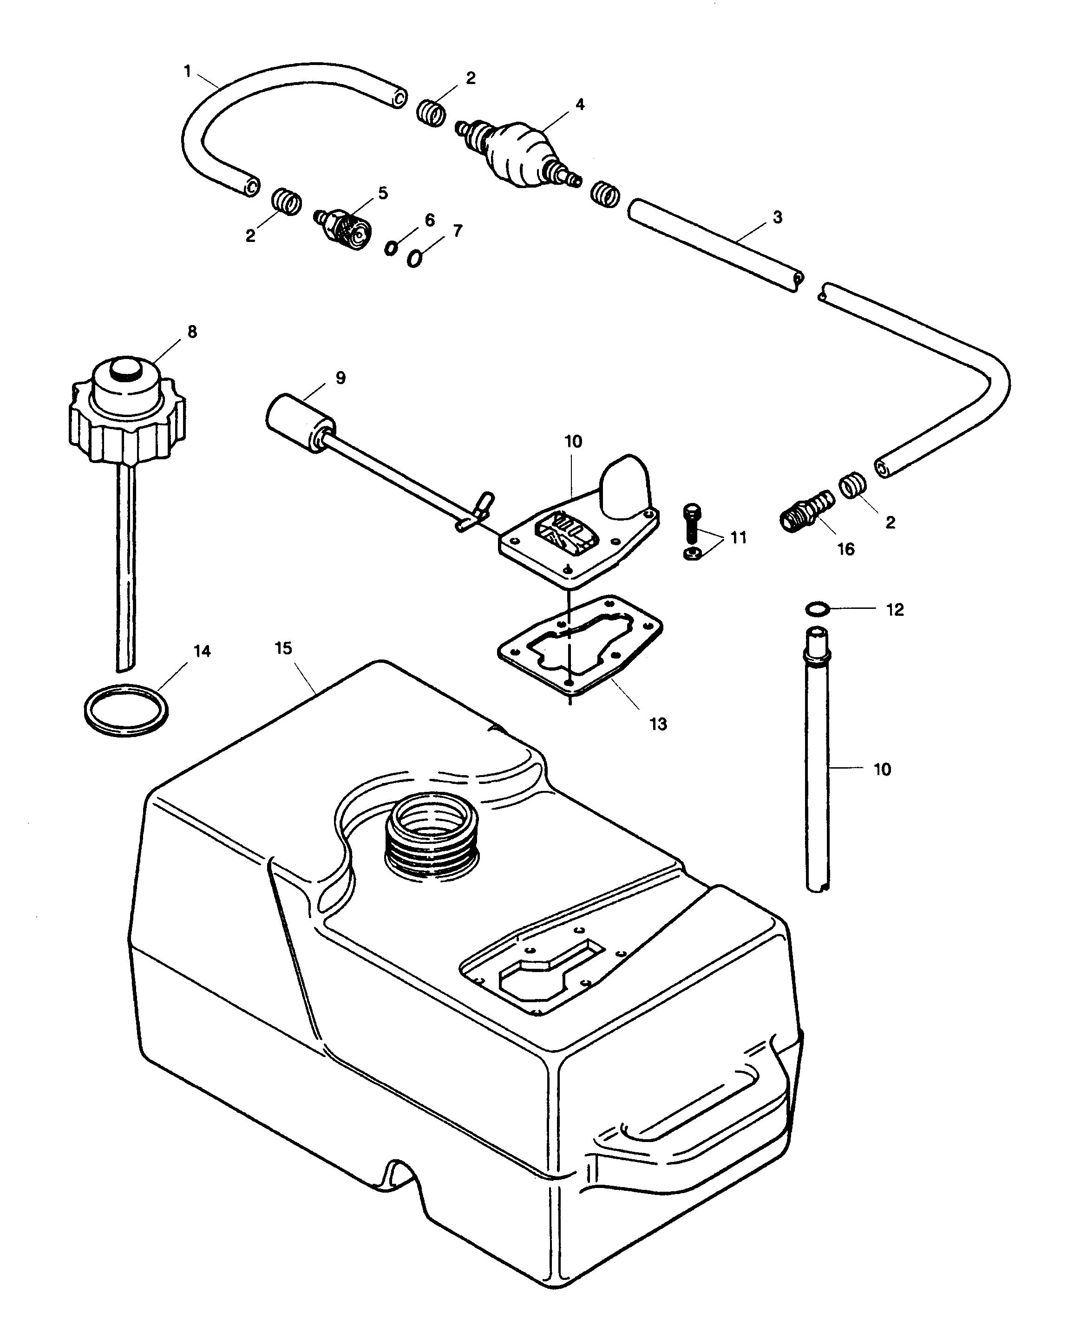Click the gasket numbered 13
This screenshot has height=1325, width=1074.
click(580, 648)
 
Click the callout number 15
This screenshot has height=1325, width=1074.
click(283, 648)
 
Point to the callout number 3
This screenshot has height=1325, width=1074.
click(778, 217)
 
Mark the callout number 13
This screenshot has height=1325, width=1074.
click(658, 724)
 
